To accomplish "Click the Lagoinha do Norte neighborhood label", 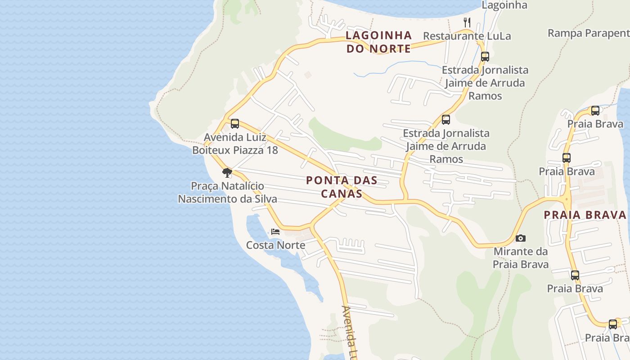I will click(x=378, y=42).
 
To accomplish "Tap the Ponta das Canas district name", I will click(x=341, y=187).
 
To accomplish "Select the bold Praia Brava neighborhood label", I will click(x=585, y=215).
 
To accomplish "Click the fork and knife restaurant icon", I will click(x=467, y=22).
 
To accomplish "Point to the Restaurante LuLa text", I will click(x=467, y=36).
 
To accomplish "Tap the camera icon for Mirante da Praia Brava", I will click(x=521, y=238).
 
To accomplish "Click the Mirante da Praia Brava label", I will click(x=521, y=257).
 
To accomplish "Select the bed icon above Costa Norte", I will click(x=275, y=232).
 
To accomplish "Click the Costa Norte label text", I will click(x=275, y=245).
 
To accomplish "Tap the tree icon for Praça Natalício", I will click(x=227, y=172).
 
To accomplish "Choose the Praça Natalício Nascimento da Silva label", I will click(x=227, y=192).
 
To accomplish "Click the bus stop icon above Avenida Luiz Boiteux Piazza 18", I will click(x=234, y=124).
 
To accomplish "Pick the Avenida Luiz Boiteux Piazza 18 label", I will click(x=235, y=144).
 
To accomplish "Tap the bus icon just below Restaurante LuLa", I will click(x=485, y=57).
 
